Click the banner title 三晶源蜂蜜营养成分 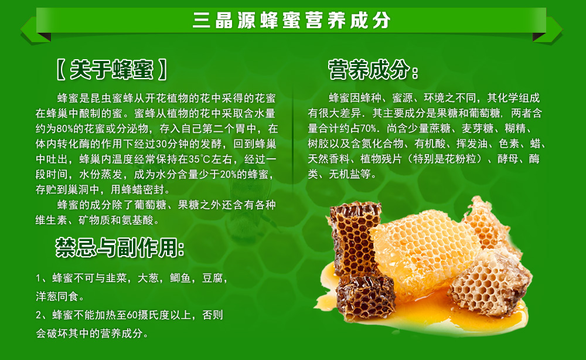[292, 20]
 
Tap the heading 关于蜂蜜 [111, 70]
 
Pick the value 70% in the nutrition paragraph [368, 129]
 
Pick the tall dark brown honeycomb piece [353, 236]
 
